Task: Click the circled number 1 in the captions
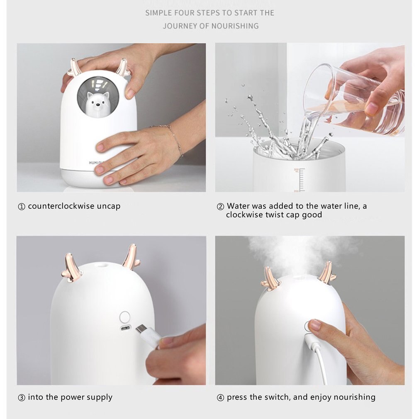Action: coord(22,207)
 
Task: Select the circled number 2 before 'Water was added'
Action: coord(220,207)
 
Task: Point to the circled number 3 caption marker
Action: coord(22,397)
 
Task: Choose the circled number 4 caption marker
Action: coord(220,397)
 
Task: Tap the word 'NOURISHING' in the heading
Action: coord(235,26)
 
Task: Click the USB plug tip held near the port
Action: coord(141,329)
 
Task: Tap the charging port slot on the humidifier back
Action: coord(125,328)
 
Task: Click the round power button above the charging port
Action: coord(125,317)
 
